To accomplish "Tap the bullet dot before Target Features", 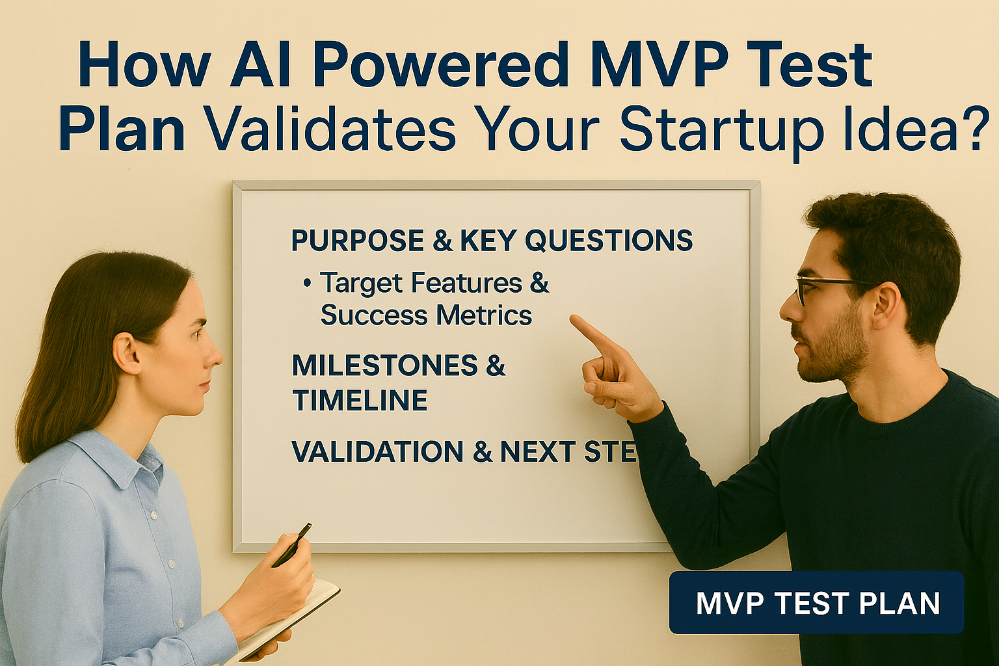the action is (x=307, y=284).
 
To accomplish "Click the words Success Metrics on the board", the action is (x=426, y=315).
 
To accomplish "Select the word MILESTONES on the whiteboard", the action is (x=384, y=366).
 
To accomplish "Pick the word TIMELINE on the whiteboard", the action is (x=360, y=400).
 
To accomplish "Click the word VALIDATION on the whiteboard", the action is (x=377, y=451).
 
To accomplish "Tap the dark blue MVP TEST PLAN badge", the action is (x=817, y=603).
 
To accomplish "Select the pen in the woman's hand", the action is (x=292, y=545).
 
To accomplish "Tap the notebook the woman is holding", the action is (x=286, y=620).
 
